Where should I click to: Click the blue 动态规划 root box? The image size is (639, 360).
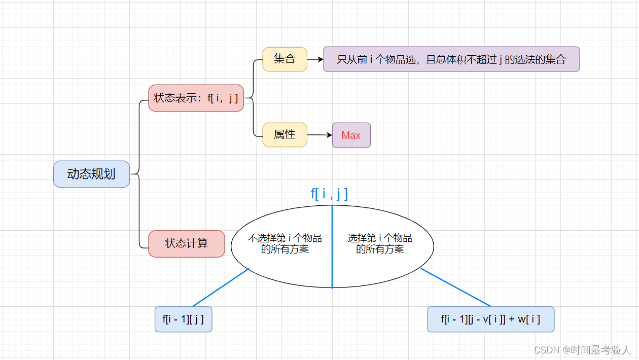coord(91,174)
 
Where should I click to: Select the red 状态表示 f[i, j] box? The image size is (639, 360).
coord(196,98)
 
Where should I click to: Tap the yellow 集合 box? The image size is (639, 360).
coord(285,59)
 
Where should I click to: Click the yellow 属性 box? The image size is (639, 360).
coord(285,135)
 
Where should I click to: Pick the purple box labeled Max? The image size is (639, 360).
coord(351,135)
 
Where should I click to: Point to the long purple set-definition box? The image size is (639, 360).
coord(451,59)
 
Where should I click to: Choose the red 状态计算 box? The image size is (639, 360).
coord(186,243)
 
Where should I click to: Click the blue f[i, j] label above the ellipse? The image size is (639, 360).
coord(329,194)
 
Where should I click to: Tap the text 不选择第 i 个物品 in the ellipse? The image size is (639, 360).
coord(285,238)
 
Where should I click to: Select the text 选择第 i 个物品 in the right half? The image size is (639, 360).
coord(380,238)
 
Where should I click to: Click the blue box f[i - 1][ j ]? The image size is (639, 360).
coord(183,319)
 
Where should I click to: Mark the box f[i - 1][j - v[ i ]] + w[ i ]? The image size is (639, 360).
coord(490,319)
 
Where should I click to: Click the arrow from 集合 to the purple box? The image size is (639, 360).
coord(315,59)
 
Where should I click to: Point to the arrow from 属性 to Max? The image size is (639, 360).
coord(319,135)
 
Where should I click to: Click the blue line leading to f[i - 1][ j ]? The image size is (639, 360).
coord(221,287)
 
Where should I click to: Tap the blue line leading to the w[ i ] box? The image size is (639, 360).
coord(455,287)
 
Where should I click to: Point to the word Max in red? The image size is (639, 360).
coord(351,135)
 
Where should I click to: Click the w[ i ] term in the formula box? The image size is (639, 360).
coord(529,319)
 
